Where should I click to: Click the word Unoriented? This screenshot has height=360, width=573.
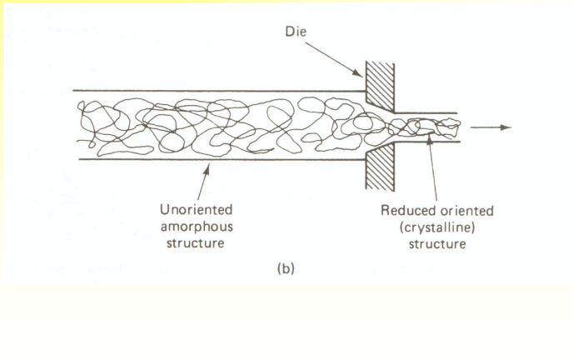pos(197,207)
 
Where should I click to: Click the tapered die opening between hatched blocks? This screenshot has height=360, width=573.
pos(378,125)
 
